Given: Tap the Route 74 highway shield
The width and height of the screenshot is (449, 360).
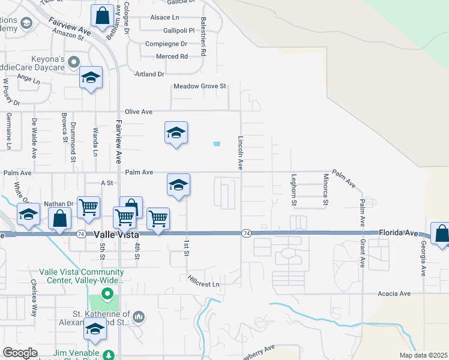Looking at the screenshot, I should (x=246, y=233).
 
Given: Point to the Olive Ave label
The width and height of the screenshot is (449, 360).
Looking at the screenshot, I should (x=139, y=112).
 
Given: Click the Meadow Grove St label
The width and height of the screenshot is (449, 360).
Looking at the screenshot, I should (x=199, y=86).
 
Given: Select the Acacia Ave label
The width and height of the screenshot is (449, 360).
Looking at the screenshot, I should (x=394, y=293).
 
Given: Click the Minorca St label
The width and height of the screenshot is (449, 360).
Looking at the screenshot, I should (x=325, y=190).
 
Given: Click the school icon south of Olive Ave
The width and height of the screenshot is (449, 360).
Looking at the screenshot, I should (x=176, y=132).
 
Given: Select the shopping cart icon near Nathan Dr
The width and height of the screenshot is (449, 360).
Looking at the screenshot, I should (x=89, y=207).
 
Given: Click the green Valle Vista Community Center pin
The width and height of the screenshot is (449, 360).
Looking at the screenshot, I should (x=107, y=293).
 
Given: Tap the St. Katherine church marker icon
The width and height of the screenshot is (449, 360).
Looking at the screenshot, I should (x=139, y=316).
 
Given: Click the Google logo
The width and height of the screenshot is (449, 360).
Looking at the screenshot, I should (x=20, y=353).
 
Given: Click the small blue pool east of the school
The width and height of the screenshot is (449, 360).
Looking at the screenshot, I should (x=216, y=143).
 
